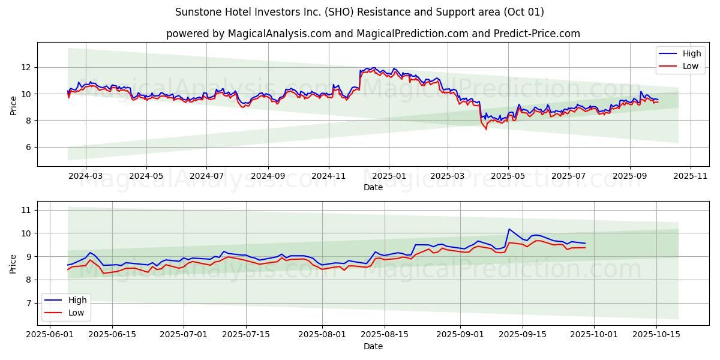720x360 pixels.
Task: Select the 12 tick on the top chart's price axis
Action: (26, 67)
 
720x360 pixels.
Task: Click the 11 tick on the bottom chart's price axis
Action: (25, 210)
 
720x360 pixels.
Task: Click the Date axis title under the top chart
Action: (373, 187)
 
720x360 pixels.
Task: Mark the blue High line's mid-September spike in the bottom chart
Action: (509, 229)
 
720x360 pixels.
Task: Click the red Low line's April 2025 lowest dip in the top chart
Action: (486, 129)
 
